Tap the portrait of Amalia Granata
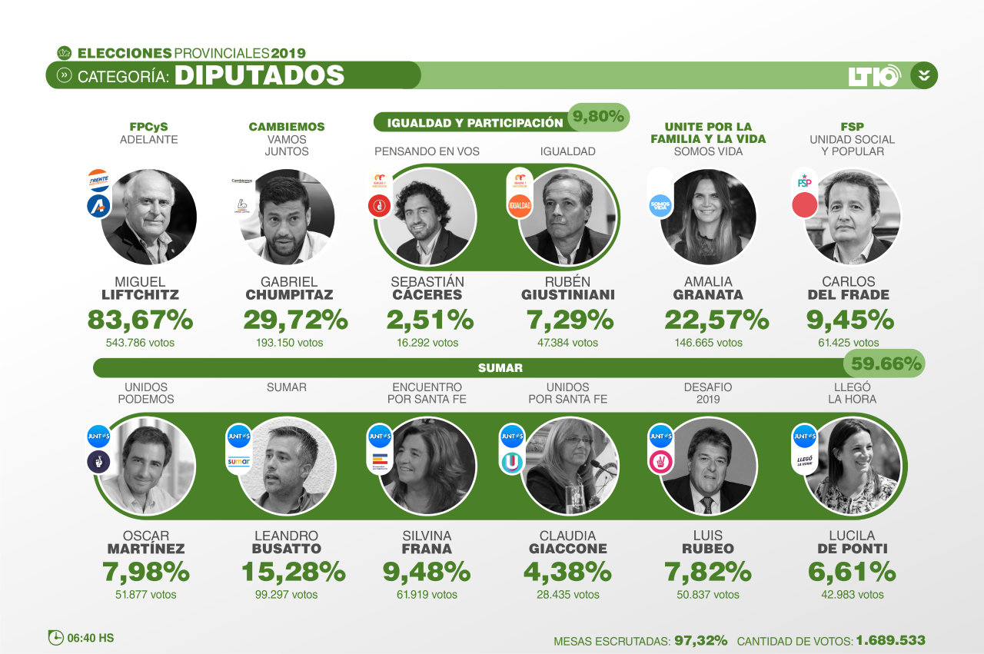point(708,217)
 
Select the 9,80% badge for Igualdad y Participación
point(599,118)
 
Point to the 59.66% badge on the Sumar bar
point(884,364)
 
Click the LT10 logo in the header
point(874,75)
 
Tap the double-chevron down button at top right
point(924,75)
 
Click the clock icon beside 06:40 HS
point(56,638)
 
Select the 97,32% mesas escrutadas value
point(700,640)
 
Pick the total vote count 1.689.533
point(890,640)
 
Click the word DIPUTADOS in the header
point(259,75)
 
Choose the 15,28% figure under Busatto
point(293,572)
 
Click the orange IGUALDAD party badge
point(520,206)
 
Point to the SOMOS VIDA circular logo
point(660,205)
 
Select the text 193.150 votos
point(289,343)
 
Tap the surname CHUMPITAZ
point(288,295)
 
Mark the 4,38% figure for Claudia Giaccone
point(567,572)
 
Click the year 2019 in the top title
point(288,53)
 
